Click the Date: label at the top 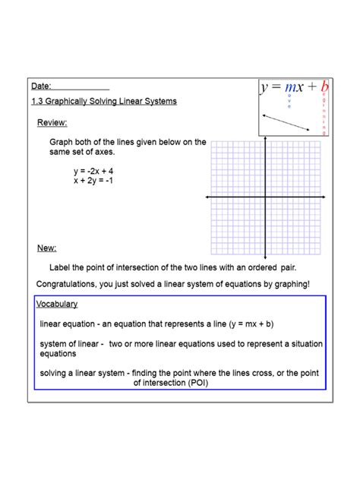(x=42, y=87)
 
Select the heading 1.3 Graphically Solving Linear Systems (x=104, y=102)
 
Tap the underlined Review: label (x=52, y=123)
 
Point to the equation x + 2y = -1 (x=94, y=181)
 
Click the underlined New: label (x=47, y=248)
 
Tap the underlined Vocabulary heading (x=57, y=304)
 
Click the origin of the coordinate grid (x=264, y=197)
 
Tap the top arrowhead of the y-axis (x=264, y=141)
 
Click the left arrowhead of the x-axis (x=208, y=197)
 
